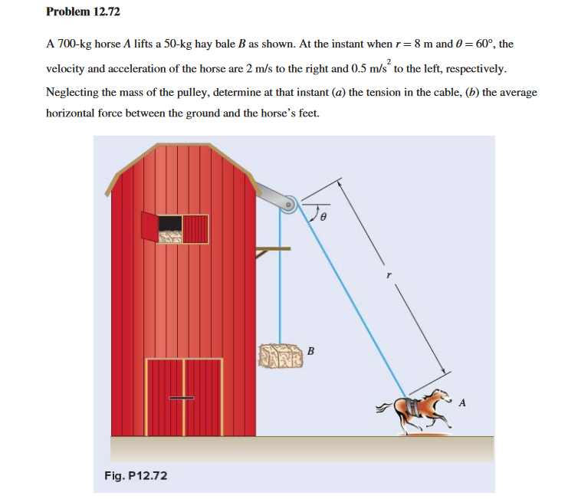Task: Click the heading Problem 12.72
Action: (x=83, y=12)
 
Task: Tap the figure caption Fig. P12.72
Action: (x=136, y=476)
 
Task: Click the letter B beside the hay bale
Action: (x=310, y=351)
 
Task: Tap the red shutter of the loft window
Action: (x=149, y=225)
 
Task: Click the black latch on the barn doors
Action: (x=182, y=397)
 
